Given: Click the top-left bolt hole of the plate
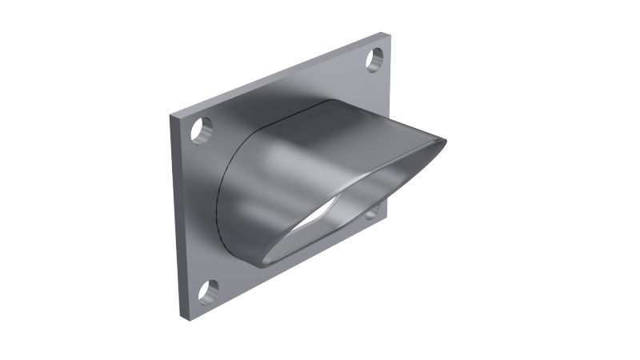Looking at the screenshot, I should (x=202, y=130).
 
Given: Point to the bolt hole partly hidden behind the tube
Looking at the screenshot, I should (x=372, y=212).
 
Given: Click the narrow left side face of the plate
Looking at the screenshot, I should (x=178, y=216).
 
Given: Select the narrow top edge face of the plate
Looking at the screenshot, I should (x=280, y=74).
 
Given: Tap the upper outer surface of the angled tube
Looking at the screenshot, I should (x=336, y=128).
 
